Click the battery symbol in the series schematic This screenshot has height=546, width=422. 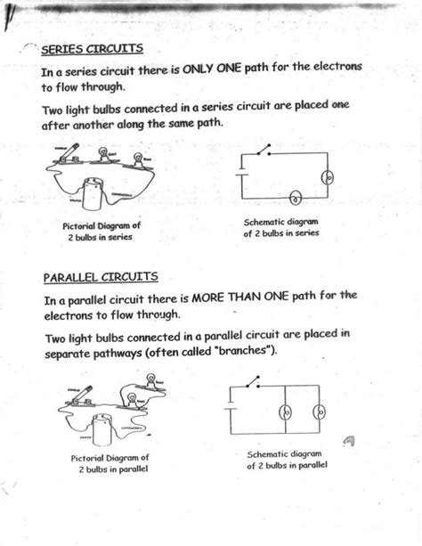(242, 177)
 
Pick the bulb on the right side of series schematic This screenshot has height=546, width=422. (326, 178)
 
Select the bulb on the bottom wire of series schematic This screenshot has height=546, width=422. (296, 198)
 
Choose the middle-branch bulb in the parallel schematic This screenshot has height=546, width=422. (287, 412)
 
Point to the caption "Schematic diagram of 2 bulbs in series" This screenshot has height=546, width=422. (280, 227)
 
